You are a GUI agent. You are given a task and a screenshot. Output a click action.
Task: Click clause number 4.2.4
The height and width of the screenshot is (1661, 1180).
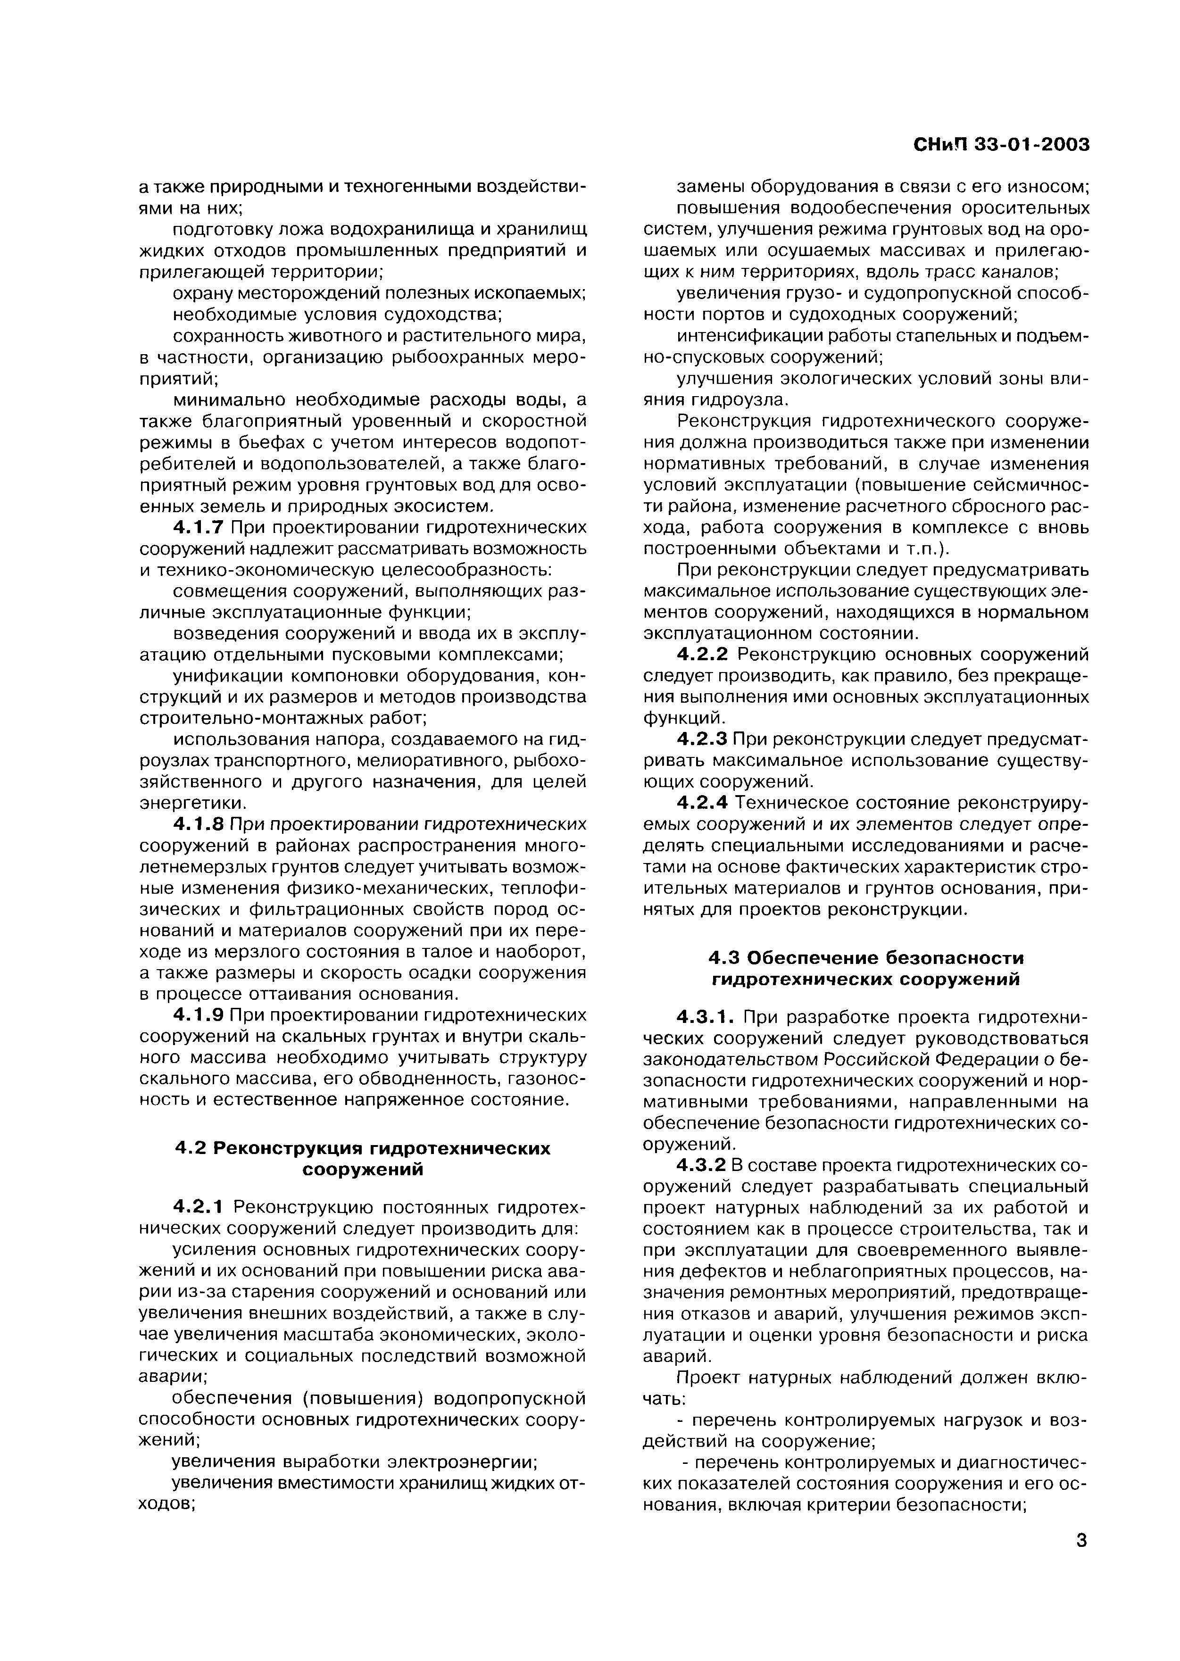[x=701, y=803]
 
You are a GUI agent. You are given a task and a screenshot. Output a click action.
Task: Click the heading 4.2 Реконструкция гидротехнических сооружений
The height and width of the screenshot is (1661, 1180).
[x=363, y=1159]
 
